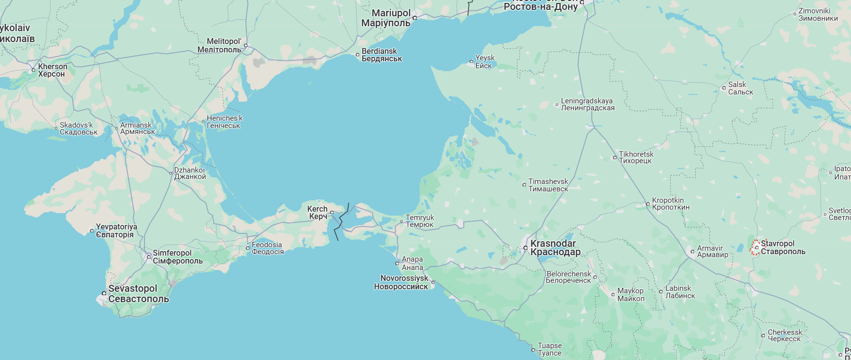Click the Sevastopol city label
[x=138, y=294]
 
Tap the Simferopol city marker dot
[x=148, y=256]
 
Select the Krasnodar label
[x=555, y=248]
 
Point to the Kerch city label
[x=317, y=213]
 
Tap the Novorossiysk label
[x=402, y=282]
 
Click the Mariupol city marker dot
[x=415, y=18]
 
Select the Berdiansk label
[x=381, y=55]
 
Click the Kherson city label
[x=52, y=70]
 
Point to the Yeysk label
[x=484, y=62]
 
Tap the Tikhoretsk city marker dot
[x=615, y=158]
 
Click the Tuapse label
[x=550, y=349]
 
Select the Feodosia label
[x=267, y=248]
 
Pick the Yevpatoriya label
[x=116, y=230]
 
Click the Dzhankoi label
[x=189, y=173]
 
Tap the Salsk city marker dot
[x=724, y=88]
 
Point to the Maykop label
[x=631, y=295]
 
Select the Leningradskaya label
[x=587, y=104]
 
